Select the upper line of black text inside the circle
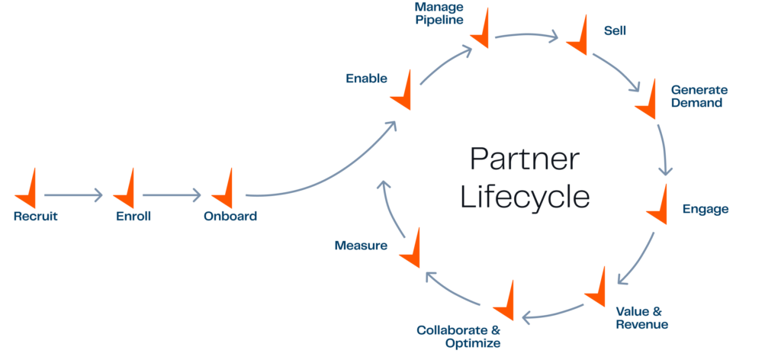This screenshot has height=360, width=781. tap(564, 159)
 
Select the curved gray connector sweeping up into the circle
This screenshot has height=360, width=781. tap(328, 183)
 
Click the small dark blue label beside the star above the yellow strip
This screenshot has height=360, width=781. tap(373, 79)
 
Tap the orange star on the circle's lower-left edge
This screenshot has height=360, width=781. tap(412, 252)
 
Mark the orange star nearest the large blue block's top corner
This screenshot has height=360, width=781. tap(648, 103)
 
